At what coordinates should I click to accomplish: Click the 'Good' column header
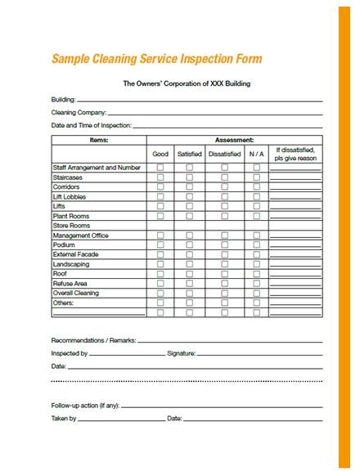point(160,154)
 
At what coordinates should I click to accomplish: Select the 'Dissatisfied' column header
point(224,154)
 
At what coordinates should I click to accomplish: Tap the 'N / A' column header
point(256,154)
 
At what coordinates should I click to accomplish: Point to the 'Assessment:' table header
point(234,140)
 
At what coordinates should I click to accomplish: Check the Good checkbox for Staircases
point(160,177)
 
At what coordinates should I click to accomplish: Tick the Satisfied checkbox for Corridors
point(189,186)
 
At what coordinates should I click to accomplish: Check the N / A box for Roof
point(256,274)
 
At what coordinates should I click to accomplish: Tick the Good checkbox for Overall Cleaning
point(160,293)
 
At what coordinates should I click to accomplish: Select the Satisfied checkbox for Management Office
point(189,235)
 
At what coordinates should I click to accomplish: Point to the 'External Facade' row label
point(76,254)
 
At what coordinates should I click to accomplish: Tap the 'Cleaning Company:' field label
point(79,113)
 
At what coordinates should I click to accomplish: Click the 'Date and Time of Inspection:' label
point(92,126)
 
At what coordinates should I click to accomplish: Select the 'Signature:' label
point(181,353)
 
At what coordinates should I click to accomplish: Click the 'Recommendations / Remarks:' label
point(93,339)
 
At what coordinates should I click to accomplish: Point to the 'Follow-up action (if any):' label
point(85,405)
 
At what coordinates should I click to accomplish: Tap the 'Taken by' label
point(64,419)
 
